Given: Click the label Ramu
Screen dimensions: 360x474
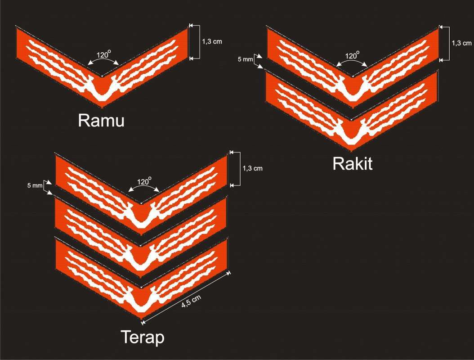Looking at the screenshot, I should pyautogui.click(x=101, y=121).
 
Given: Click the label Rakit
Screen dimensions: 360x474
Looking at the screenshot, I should pyautogui.click(x=353, y=164).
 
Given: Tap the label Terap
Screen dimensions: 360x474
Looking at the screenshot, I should pyautogui.click(x=143, y=337).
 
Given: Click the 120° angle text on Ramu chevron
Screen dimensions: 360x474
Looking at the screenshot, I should pyautogui.click(x=104, y=55).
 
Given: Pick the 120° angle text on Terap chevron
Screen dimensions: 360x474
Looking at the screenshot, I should pyautogui.click(x=145, y=182).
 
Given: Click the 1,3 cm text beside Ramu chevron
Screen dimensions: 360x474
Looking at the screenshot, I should pyautogui.click(x=211, y=41).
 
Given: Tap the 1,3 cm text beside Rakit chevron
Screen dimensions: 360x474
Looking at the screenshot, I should pyautogui.click(x=461, y=43).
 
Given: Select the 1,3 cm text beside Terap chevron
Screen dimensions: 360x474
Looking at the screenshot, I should pyautogui.click(x=252, y=169).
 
